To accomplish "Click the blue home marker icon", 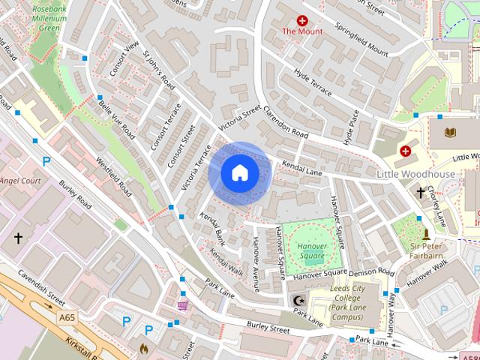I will [x=239, y=173].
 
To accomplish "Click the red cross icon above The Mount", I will [x=302, y=21].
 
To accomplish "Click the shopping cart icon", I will [x=183, y=304].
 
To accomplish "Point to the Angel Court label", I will [x=19, y=180].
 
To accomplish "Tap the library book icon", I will [x=451, y=133].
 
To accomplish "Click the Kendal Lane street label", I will [x=301, y=168].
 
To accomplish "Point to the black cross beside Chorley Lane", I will [x=421, y=193].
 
